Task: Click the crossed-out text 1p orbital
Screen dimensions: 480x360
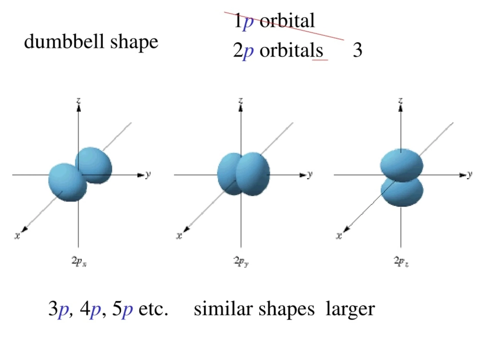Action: pos(274,21)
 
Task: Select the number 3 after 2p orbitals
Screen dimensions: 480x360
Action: pos(357,50)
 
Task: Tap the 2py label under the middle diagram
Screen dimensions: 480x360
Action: pos(240,261)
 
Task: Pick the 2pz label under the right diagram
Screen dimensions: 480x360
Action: pos(401,261)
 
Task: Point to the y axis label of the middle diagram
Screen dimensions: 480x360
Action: pos(310,174)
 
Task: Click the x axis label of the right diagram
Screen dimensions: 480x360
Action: pos(339,236)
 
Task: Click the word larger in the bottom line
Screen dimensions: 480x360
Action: pos(350,309)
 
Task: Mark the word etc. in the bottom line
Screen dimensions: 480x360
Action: pos(153,309)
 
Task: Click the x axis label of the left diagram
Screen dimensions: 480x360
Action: pos(17,236)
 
